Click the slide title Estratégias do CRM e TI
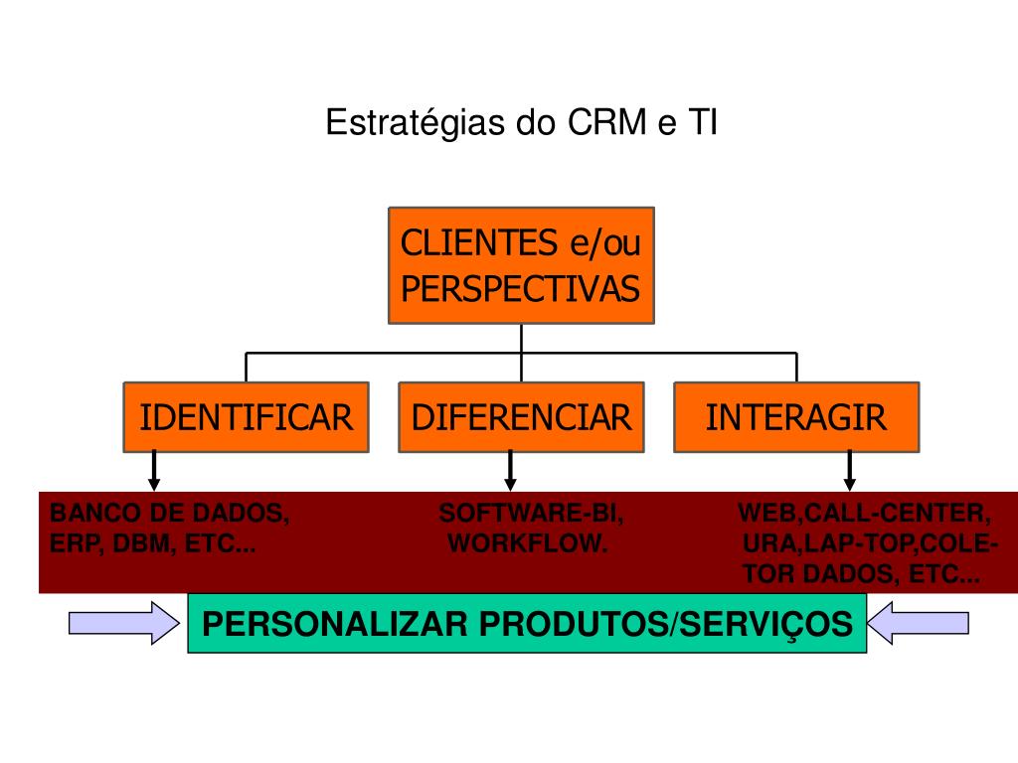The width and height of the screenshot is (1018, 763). (521, 124)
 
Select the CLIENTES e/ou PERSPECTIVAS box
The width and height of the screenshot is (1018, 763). (521, 265)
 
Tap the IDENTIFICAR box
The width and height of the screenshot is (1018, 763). (246, 417)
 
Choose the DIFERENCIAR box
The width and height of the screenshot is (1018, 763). (521, 417)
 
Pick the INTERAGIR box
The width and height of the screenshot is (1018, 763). (796, 417)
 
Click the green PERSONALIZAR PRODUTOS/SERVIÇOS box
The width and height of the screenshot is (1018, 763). (527, 624)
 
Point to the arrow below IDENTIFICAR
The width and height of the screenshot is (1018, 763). (154, 470)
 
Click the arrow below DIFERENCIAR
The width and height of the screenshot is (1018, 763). (510, 470)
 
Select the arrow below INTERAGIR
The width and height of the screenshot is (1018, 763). (850, 470)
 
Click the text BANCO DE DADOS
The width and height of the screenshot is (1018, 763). (170, 514)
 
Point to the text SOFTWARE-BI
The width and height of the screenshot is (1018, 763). (532, 514)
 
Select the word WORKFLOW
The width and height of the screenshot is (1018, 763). (527, 544)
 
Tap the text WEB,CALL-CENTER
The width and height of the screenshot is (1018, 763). (865, 514)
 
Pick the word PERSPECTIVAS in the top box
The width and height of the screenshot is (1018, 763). (521, 289)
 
